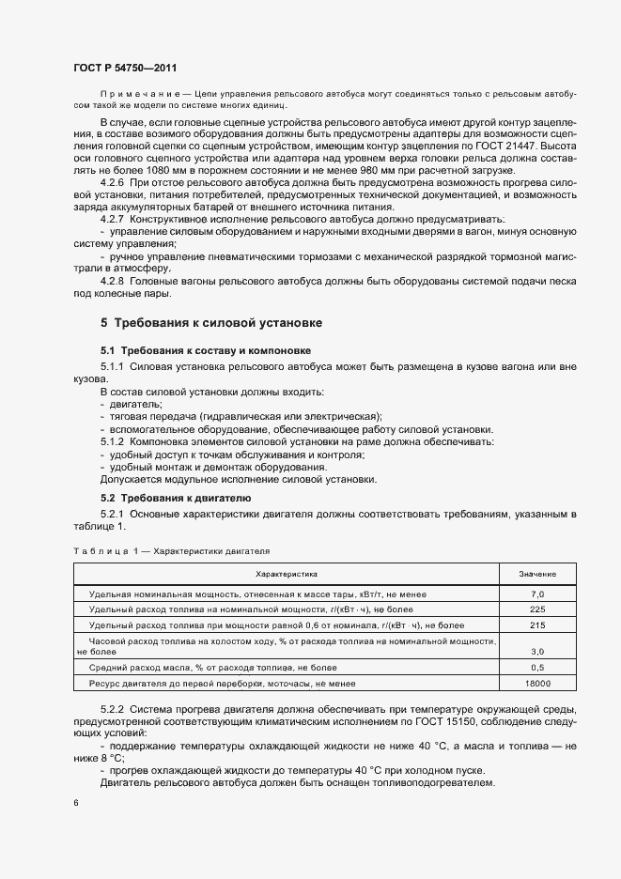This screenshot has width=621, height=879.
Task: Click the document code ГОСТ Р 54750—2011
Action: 124,68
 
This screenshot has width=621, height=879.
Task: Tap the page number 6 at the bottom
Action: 75,802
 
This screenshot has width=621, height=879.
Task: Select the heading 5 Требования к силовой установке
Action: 211,323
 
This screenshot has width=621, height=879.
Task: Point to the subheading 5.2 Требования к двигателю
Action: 163,497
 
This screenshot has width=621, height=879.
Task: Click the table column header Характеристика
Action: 287,573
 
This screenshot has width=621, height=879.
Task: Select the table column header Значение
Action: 537,573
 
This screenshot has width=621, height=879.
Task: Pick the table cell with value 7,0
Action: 537,594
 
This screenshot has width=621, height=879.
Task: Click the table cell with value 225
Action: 537,609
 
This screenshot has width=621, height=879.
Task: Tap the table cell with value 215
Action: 537,625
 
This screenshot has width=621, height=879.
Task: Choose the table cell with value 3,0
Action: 537,651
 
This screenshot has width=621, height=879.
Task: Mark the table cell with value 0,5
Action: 537,668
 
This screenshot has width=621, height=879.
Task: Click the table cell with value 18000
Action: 537,683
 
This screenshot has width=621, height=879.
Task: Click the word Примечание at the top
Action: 137,96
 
